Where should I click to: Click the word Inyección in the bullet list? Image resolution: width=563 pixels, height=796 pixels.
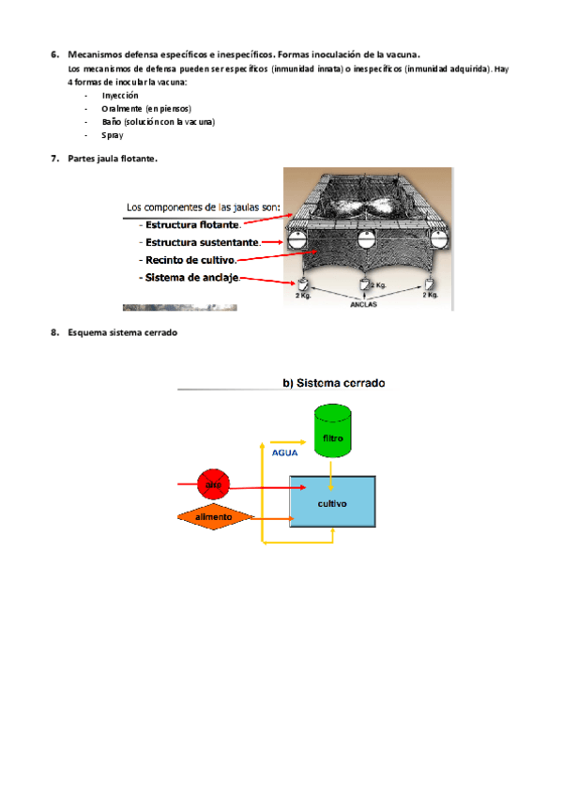pos(119,95)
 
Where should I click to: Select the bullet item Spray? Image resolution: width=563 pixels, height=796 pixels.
pos(112,135)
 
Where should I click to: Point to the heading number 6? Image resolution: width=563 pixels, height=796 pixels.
pos(54,54)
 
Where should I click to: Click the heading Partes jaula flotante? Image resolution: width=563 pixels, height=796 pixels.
pos(113,158)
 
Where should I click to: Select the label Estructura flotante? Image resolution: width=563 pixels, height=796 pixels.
pos(191,224)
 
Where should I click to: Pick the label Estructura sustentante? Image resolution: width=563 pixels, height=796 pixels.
pos(199,241)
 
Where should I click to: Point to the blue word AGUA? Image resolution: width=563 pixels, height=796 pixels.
pos(284,452)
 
